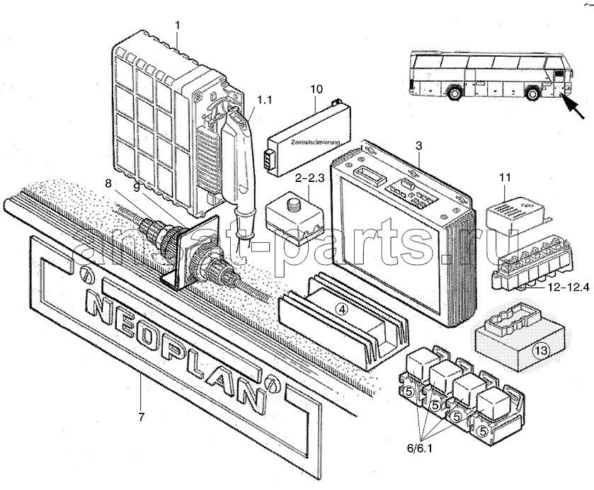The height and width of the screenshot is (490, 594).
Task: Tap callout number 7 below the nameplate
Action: click(141, 417)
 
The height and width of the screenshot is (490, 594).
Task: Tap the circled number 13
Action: click(541, 349)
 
